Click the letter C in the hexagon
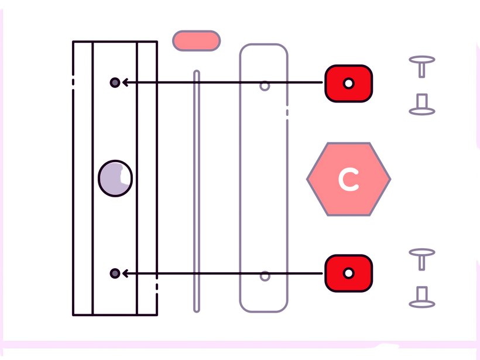[x=349, y=179]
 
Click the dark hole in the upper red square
[x=348, y=83]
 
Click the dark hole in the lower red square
[x=348, y=273]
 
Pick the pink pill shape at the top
[x=196, y=40]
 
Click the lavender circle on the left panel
[x=115, y=178]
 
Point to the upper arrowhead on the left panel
[x=124, y=83]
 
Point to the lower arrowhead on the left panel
[x=124, y=273]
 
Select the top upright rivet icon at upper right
[x=421, y=65]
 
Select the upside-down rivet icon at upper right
[x=421, y=105]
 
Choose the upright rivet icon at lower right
[x=421, y=258]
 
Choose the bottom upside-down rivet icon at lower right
[x=421, y=298]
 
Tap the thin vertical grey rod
[x=197, y=193]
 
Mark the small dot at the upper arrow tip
[x=115, y=83]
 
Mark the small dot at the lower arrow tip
[x=115, y=273]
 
